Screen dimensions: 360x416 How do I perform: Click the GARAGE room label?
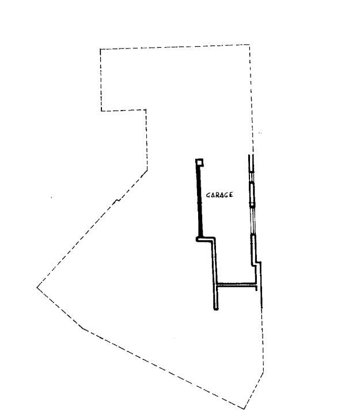[219, 195]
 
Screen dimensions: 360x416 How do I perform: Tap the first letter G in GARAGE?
[209, 195]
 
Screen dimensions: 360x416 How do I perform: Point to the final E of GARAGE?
[231, 195]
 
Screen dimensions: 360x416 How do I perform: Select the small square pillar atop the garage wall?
[199, 162]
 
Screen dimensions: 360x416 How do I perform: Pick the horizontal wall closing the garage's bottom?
[237, 285]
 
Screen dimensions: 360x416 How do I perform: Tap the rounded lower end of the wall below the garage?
[216, 308]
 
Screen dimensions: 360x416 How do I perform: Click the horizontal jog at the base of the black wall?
[205, 239]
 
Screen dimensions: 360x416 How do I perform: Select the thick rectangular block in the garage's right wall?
[252, 194]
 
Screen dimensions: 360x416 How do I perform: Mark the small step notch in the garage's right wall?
[256, 263]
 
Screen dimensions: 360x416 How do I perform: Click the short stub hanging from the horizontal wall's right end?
[256, 289]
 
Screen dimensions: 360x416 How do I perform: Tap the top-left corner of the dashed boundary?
[100, 49]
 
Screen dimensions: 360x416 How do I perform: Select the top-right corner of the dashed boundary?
[249, 44]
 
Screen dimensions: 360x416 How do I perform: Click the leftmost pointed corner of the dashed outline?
[37, 287]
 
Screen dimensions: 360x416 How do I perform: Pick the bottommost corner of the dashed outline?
[244, 409]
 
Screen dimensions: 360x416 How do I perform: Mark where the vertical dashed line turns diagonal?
[147, 170]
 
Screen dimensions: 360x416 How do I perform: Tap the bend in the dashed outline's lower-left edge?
[83, 329]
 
